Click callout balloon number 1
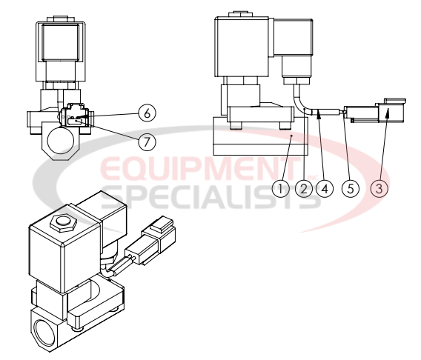point(279,188)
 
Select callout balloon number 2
point(302,188)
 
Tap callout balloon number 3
point(379,188)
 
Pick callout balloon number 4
point(323,188)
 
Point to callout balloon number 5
point(351,188)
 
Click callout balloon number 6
point(147,113)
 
